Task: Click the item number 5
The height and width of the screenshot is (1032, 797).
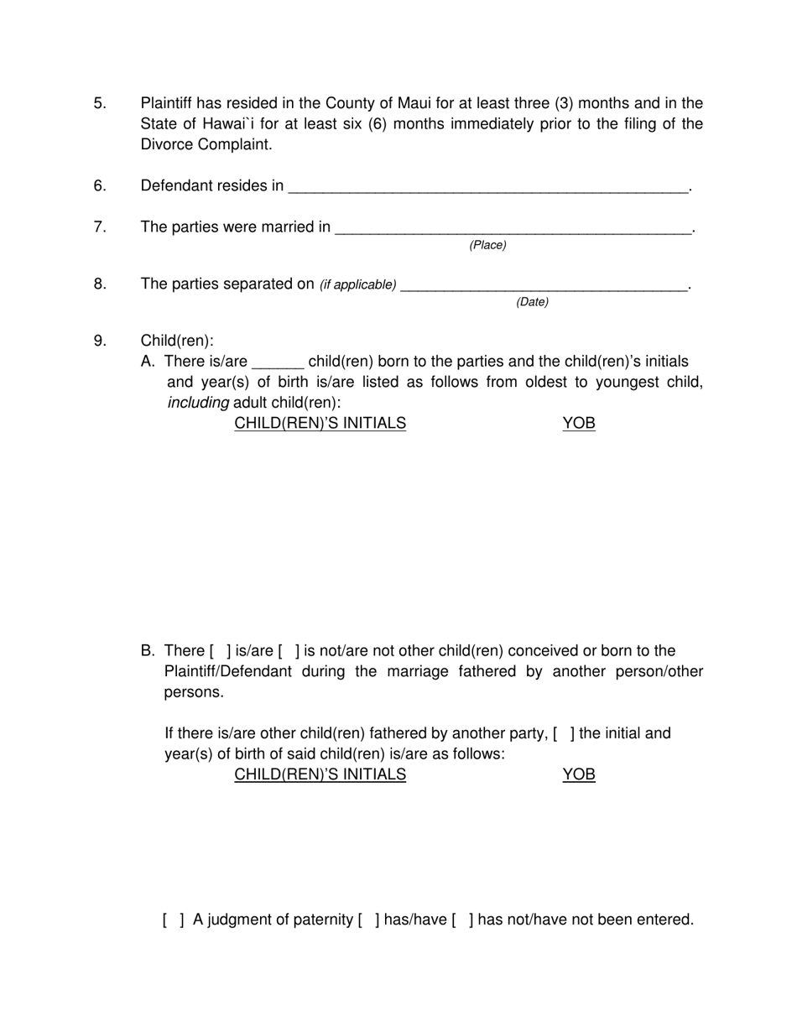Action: point(100,103)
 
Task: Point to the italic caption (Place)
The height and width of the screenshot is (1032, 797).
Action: point(487,245)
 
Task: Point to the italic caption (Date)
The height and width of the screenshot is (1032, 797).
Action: point(532,302)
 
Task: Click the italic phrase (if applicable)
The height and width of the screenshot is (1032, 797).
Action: point(358,285)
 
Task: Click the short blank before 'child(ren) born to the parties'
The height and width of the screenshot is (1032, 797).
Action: point(277,363)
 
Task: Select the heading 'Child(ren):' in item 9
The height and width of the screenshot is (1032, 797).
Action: point(177,341)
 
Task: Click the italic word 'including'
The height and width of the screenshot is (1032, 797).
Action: point(198,403)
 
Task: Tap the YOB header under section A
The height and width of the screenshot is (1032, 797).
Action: point(578,424)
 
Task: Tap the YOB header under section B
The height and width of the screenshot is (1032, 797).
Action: point(578,774)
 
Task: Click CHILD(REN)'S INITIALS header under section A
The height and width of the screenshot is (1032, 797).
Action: point(320,424)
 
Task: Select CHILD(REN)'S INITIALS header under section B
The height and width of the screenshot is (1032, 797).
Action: point(320,774)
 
